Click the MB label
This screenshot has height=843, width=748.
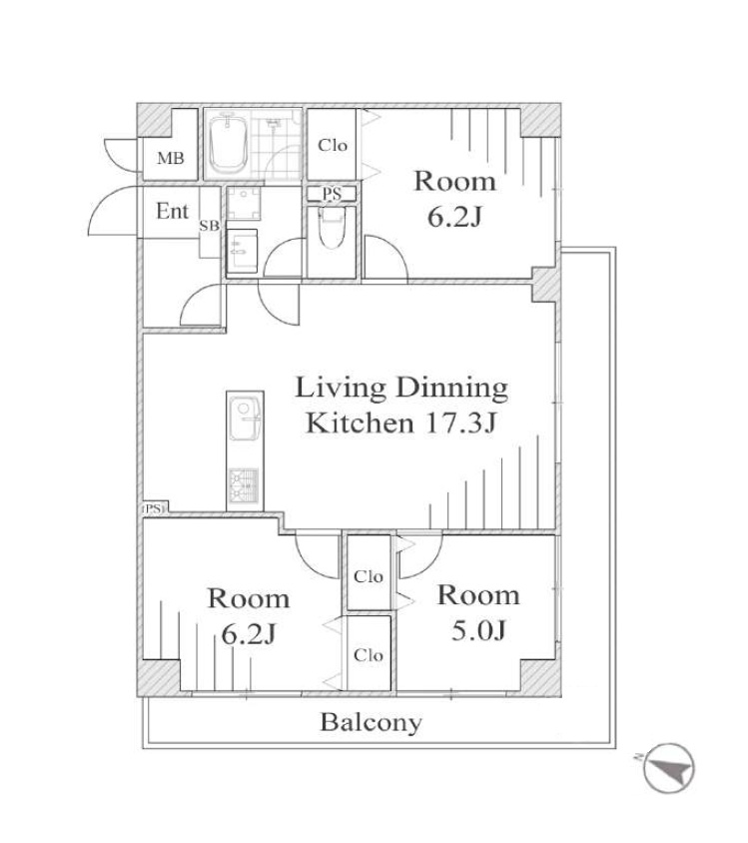(x=171, y=158)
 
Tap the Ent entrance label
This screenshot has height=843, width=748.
(x=172, y=211)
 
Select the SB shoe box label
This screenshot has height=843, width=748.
(x=210, y=227)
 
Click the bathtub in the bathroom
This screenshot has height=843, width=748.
(x=228, y=143)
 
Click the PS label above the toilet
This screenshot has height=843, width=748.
(x=332, y=194)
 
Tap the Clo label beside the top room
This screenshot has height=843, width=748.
(x=333, y=145)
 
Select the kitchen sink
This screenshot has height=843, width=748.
(x=245, y=418)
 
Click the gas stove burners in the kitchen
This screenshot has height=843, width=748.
(x=245, y=485)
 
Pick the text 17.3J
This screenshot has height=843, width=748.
(x=460, y=423)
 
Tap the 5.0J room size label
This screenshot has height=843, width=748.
(x=478, y=630)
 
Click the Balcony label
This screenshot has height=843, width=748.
(x=371, y=723)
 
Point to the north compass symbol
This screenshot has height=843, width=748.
(x=669, y=768)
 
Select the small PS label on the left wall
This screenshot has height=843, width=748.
(x=153, y=508)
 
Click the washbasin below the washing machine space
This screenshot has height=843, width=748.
(x=242, y=251)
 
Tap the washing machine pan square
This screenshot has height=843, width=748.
(x=244, y=203)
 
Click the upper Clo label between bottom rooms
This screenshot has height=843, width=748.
(x=369, y=577)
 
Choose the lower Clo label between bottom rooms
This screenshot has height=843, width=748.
(x=369, y=655)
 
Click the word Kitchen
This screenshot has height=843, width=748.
(x=360, y=423)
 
